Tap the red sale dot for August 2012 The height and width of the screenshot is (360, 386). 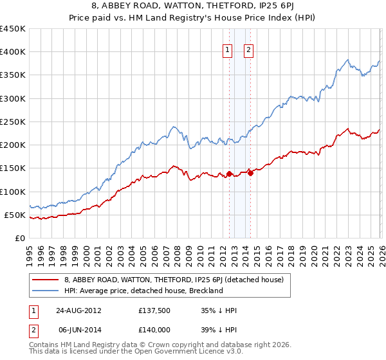pos(229,174)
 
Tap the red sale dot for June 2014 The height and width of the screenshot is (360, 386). pos(250,173)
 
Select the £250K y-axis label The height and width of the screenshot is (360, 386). pos(13,122)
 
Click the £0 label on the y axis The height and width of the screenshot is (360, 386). pos(19,238)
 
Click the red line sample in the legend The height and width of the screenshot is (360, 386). pos(46,280)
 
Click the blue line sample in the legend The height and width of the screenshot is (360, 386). pos(46,291)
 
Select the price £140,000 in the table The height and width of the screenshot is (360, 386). pos(157,329)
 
